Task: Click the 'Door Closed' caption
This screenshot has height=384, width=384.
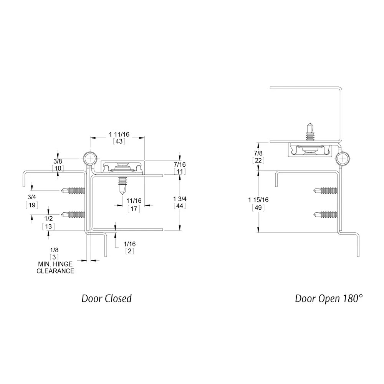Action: pyautogui.click(x=106, y=298)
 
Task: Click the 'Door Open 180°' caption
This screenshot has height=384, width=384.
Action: pyautogui.click(x=329, y=298)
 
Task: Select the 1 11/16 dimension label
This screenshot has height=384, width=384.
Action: pyautogui.click(x=119, y=134)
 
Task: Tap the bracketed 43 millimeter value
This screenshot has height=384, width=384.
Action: pyautogui.click(x=119, y=141)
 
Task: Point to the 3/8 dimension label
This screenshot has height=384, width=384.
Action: pyautogui.click(x=58, y=161)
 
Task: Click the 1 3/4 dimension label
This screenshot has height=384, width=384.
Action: pyautogui.click(x=180, y=199)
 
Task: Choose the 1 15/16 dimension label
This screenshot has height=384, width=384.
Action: pyautogui.click(x=258, y=200)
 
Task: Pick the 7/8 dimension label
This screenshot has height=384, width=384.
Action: pyautogui.click(x=258, y=153)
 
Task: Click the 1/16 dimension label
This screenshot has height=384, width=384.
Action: pyautogui.click(x=129, y=244)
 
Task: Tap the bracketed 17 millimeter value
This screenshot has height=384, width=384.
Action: pyautogui.click(x=134, y=209)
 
